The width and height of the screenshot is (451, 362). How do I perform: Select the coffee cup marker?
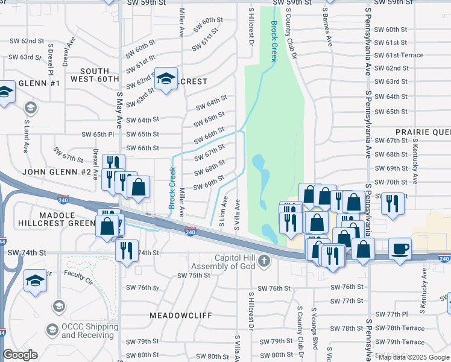coord(400,250)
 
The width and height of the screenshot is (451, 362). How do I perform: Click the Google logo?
coord(20,355)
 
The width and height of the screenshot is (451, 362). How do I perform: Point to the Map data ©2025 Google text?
coord(414,357)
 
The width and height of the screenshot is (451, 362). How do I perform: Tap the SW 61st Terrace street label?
coord(399,55)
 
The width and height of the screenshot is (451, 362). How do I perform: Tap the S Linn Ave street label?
coord(223,211)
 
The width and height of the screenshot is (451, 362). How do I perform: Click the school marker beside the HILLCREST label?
coord(166,80)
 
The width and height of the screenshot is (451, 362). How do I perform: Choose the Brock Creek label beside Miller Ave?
coord(172,189)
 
